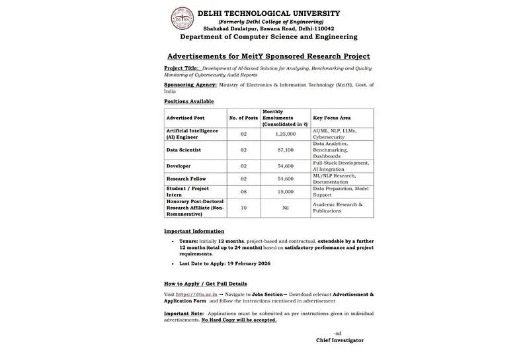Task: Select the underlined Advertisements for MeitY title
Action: coord(268,56)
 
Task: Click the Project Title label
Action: coord(181,68)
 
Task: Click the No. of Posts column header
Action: coord(243,117)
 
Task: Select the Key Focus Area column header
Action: coord(334,117)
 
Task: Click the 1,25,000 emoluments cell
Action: coord(284,134)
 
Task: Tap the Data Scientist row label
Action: coord(183,150)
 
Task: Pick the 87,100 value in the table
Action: coord(284,150)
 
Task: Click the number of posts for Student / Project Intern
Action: coord(243,191)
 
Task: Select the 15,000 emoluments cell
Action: coord(284,191)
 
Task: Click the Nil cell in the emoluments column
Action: coord(284,208)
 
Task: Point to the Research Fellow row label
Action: coord(186,178)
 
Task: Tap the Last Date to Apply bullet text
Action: coord(225,263)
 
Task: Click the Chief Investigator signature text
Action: coord(339,340)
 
